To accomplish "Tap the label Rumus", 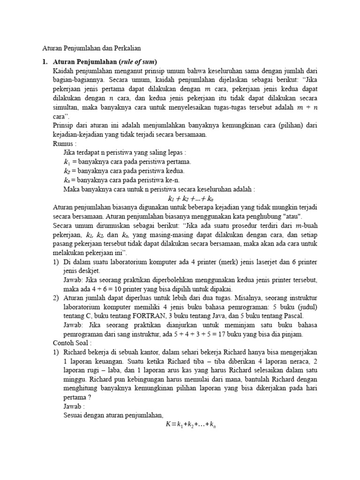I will click(x=64, y=143).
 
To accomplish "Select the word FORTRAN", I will click(x=153, y=315).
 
